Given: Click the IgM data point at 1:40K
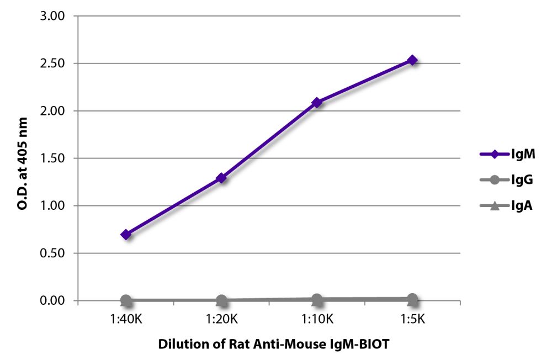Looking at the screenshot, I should click(x=126, y=235).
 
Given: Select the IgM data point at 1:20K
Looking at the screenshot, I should click(x=221, y=178).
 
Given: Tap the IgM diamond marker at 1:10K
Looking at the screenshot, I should click(x=317, y=102).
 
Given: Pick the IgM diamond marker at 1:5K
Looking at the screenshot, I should click(x=412, y=60).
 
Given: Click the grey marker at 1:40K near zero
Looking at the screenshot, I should click(x=126, y=300).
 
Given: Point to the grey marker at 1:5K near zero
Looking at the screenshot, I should click(x=412, y=299).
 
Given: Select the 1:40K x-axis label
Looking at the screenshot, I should click(x=126, y=319).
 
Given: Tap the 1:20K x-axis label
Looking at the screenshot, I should click(x=221, y=319).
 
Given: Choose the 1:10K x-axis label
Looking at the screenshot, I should click(x=317, y=319).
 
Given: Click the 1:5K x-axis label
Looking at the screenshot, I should click(x=412, y=319).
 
